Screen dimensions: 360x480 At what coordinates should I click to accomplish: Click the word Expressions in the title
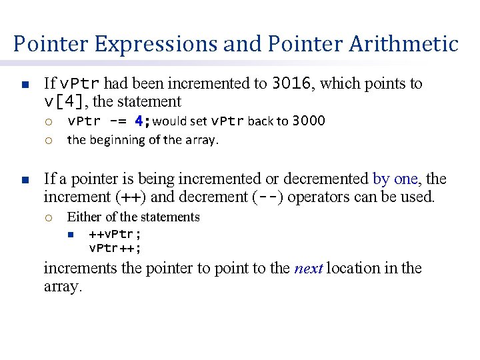coord(155,44)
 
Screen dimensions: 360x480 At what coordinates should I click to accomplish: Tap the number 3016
coord(291,83)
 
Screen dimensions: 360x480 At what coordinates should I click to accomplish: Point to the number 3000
coord(309,121)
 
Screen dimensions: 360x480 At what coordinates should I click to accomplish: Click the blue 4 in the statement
coord(139,121)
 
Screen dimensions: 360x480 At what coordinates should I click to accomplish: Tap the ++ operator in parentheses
coord(133,197)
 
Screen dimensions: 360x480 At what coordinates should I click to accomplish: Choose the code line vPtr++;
coord(115,248)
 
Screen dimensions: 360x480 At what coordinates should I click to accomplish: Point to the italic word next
coord(309,269)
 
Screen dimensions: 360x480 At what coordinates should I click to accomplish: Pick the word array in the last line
coord(61,287)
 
